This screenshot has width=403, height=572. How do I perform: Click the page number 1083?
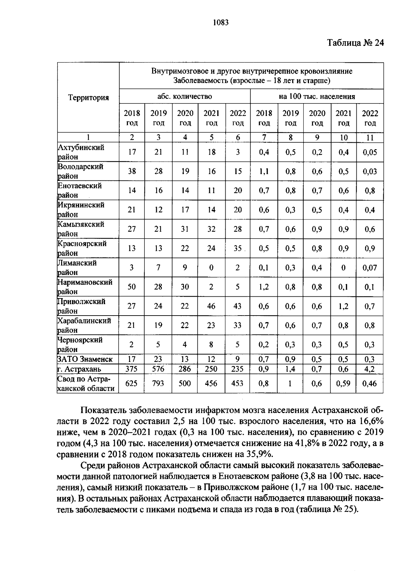221,23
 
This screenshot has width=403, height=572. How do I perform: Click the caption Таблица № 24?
355,43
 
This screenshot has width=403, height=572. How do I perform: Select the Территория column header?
89,97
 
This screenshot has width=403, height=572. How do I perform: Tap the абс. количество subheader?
185,96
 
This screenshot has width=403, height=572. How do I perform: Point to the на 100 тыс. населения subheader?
317,96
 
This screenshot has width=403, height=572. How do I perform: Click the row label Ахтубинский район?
81,152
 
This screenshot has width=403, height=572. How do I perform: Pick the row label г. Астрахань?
79,369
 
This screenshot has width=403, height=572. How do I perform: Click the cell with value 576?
158,369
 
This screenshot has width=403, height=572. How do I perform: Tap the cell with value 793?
158,383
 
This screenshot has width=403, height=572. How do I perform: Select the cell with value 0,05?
370,152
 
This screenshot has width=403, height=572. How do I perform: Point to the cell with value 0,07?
370,268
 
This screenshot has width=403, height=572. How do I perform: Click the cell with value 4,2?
370,369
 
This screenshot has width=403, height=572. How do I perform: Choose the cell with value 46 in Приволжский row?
211,306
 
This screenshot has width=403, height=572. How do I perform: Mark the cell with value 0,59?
343,383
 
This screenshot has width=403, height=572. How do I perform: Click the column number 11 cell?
370,137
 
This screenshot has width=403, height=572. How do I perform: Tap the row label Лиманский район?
77,268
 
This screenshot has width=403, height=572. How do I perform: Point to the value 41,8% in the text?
307,443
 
